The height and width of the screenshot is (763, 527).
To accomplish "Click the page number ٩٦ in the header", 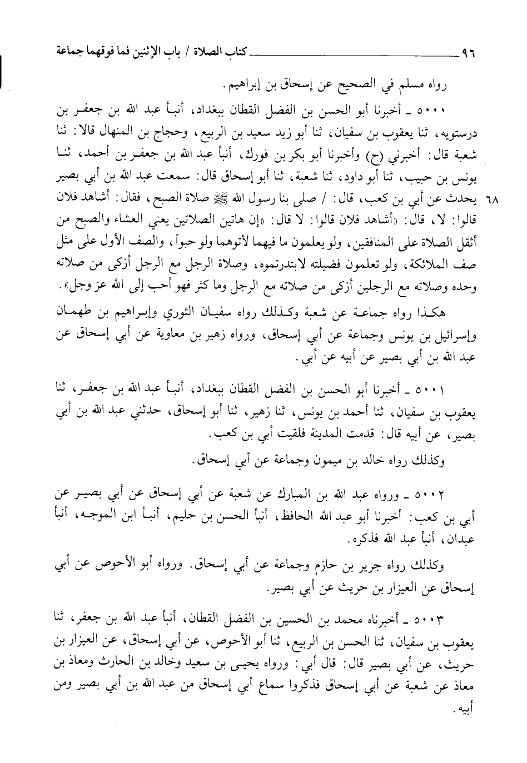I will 469,54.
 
